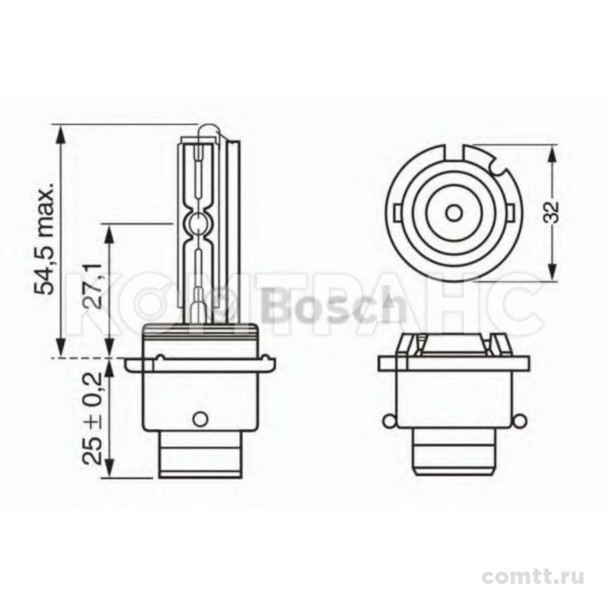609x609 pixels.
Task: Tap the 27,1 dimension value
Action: [92, 285]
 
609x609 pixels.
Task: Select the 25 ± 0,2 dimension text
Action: [92, 419]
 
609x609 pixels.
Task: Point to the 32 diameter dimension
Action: [550, 212]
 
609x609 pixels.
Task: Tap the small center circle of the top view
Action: [453, 212]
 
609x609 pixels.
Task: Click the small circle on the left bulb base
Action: [200, 419]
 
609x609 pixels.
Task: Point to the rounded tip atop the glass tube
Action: [208, 131]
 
